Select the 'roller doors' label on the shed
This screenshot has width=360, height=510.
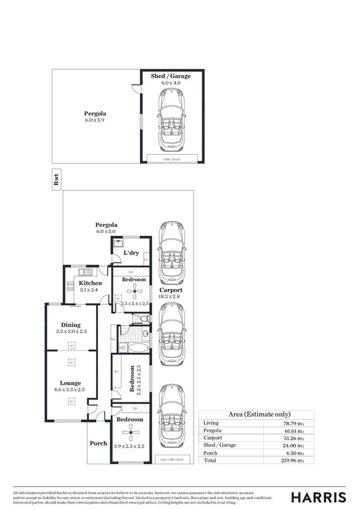(x=172, y=159)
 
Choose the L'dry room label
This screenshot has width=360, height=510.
(x=131, y=253)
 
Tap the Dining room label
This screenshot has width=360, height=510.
(x=70, y=325)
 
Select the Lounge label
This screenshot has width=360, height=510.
(x=70, y=382)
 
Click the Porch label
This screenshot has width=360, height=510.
(x=99, y=443)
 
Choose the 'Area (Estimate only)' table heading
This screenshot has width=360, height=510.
(x=260, y=414)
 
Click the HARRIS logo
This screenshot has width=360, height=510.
(x=319, y=497)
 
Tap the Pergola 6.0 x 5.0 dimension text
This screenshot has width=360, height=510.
(x=106, y=231)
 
